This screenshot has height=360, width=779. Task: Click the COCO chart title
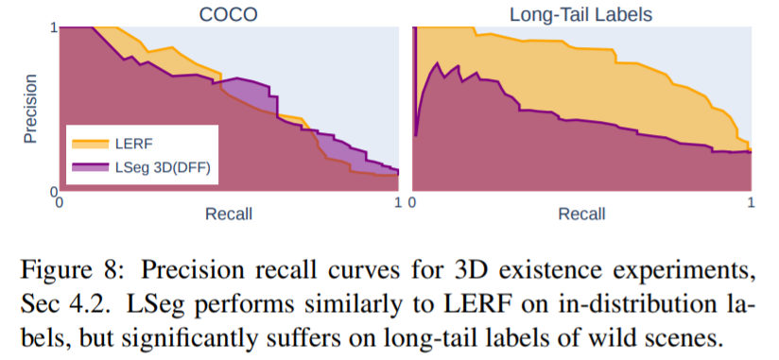tap(229, 14)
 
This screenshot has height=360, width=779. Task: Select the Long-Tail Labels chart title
tap(580, 14)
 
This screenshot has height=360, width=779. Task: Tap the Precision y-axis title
tap(31, 109)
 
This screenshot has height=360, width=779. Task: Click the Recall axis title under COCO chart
tap(229, 214)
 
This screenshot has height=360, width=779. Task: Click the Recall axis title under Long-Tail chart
tap(581, 214)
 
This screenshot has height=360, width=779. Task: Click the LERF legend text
tap(134, 144)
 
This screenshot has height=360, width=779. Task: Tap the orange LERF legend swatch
tap(90, 144)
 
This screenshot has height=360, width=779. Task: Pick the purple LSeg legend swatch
tap(90, 167)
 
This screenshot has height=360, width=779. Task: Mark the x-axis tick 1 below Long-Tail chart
tap(752, 202)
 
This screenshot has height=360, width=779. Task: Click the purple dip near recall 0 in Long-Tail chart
tap(416, 135)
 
